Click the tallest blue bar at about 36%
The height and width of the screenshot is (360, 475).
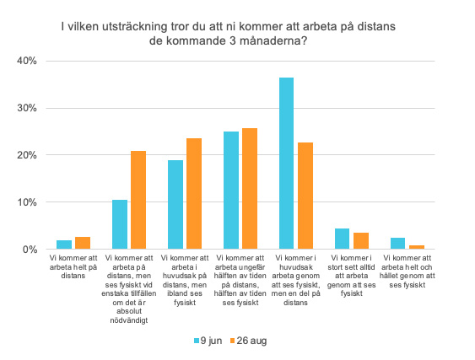tap(286, 164)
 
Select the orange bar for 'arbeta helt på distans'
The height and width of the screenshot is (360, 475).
tap(83, 243)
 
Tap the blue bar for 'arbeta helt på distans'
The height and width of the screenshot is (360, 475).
tap(64, 244)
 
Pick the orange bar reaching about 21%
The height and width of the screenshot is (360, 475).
tap(138, 200)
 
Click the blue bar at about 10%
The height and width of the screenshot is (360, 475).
tap(120, 224)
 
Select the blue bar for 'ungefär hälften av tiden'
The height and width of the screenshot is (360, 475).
tap(231, 191)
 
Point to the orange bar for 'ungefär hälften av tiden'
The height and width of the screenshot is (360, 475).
tap(250, 189)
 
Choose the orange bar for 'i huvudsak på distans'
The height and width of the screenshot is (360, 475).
tap(194, 194)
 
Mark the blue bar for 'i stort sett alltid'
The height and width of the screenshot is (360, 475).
tap(342, 239)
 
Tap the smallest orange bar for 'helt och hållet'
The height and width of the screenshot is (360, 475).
tap(417, 247)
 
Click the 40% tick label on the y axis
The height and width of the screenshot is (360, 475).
tap(27, 61)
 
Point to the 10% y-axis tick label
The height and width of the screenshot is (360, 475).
tap(27, 202)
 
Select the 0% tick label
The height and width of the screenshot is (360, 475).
tap(30, 250)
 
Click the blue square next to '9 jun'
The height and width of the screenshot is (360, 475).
tap(197, 341)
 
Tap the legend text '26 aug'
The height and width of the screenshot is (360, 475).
tap(251, 341)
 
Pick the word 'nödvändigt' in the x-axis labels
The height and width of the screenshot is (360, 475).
tap(129, 320)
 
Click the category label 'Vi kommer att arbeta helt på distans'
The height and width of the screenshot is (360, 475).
tap(73, 266)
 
